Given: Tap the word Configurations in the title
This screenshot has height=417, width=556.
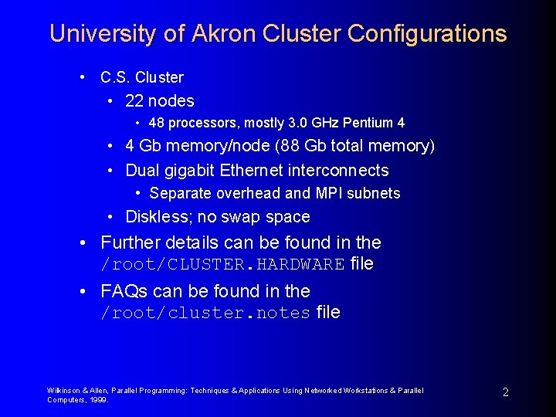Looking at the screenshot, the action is (x=427, y=34).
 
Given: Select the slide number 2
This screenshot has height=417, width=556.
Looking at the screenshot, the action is (x=505, y=392).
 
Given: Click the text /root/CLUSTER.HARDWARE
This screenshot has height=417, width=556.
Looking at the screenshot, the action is (x=222, y=265).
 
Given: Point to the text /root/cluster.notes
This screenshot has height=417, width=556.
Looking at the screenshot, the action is (x=205, y=314).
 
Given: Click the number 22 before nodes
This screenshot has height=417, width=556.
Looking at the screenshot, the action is (x=134, y=101).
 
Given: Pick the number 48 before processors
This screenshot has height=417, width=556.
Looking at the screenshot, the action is (x=157, y=123).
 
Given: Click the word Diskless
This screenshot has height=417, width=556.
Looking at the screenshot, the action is (x=158, y=217).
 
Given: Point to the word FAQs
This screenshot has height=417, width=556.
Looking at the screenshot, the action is (x=124, y=291).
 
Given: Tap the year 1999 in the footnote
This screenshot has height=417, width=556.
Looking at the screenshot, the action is (x=100, y=400).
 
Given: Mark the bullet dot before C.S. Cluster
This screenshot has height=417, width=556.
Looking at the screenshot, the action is (x=82, y=77).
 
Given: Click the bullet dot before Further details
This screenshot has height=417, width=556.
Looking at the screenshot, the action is (x=83, y=242).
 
